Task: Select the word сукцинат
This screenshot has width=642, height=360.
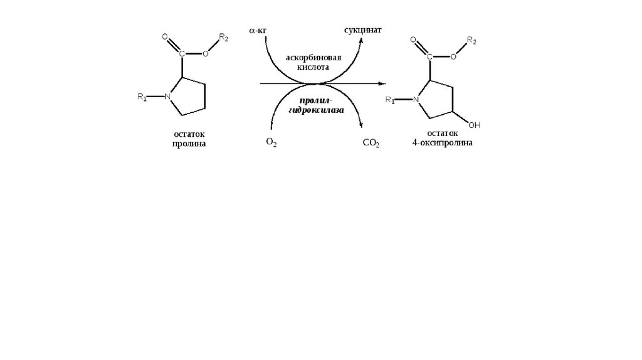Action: click(363, 30)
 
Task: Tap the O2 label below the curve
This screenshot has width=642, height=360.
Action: click(271, 143)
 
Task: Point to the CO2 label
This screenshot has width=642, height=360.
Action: click(371, 143)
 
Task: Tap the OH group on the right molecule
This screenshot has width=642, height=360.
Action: click(474, 125)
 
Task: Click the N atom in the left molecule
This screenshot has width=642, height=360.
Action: click(167, 97)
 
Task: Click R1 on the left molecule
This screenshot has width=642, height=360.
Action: click(142, 97)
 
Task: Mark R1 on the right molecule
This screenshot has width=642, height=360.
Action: click(390, 100)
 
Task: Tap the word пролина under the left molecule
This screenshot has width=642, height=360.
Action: click(189, 144)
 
